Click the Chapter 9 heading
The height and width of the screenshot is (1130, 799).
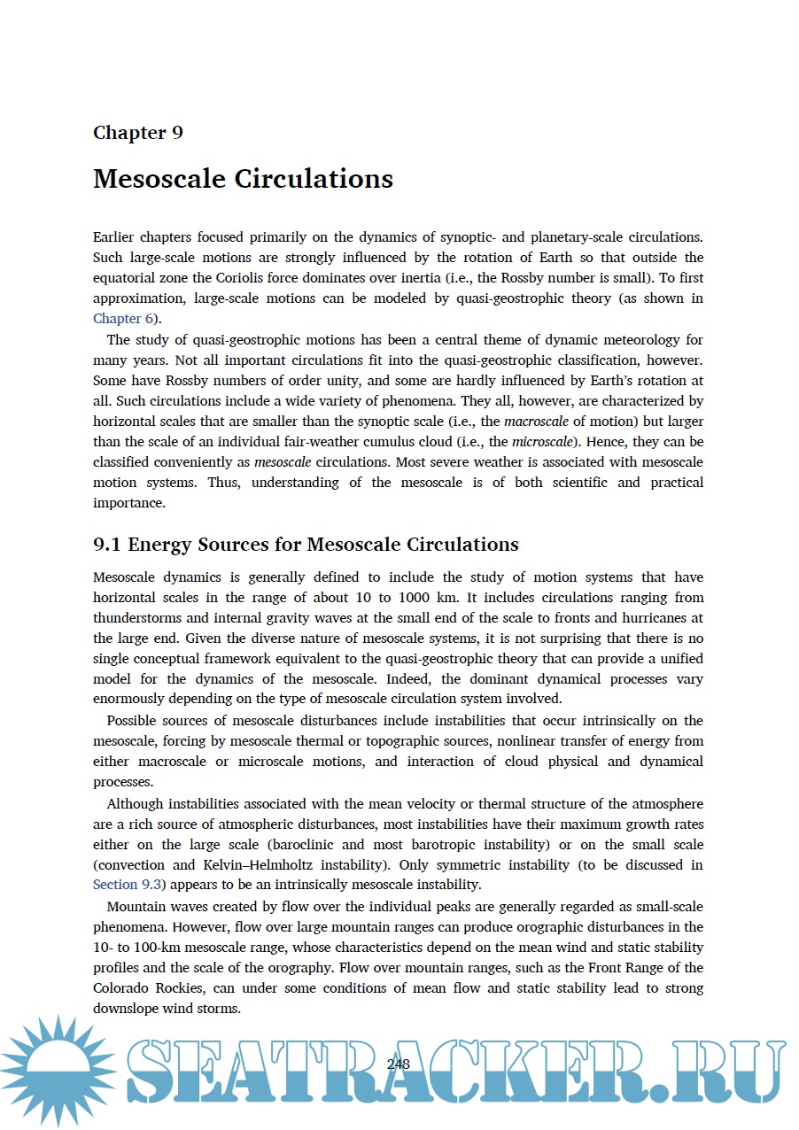click(x=138, y=133)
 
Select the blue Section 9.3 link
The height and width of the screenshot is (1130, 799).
click(x=127, y=884)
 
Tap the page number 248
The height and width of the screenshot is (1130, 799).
click(x=399, y=1064)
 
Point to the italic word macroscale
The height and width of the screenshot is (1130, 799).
click(x=540, y=422)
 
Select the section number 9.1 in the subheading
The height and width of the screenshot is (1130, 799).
click(x=107, y=544)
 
